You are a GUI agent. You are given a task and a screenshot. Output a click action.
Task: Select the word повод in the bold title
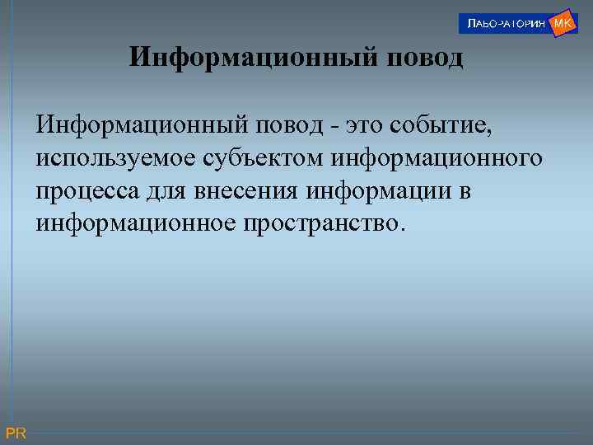(x=422, y=59)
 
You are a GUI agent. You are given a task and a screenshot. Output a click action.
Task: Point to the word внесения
(x=245, y=191)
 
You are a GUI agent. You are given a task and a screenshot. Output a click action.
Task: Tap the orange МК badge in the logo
(x=563, y=23)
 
